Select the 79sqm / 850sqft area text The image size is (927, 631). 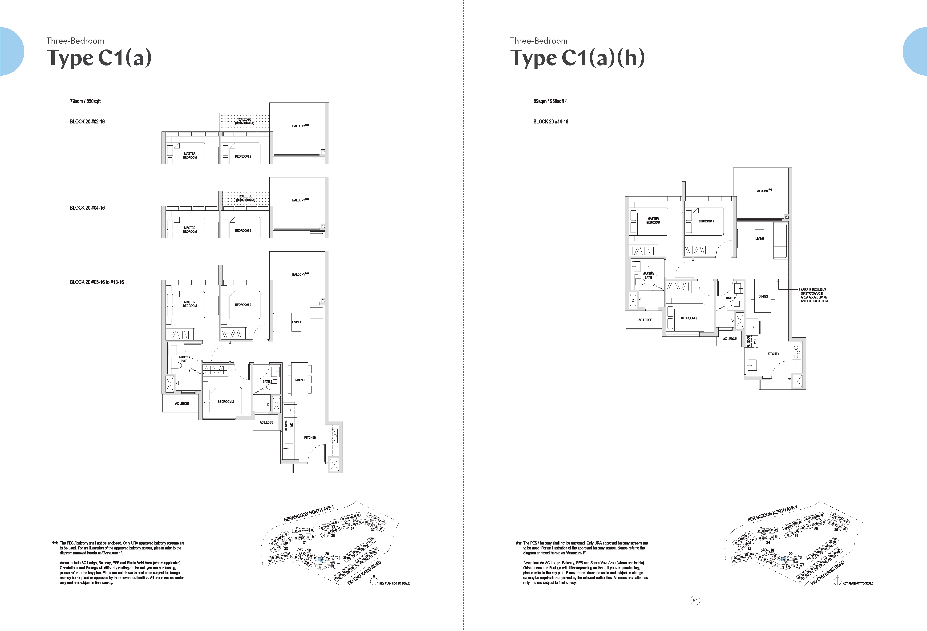point(85,101)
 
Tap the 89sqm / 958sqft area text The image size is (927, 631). point(549,101)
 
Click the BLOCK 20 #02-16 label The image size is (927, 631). point(87,122)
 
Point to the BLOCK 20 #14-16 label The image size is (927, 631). point(551,122)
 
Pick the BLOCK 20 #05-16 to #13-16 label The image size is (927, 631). point(97,282)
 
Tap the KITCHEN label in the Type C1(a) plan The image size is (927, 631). point(310,437)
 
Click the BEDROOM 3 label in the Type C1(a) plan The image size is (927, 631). point(225,402)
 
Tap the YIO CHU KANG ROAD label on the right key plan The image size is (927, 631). point(827,573)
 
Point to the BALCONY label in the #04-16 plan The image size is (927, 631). point(300,200)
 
